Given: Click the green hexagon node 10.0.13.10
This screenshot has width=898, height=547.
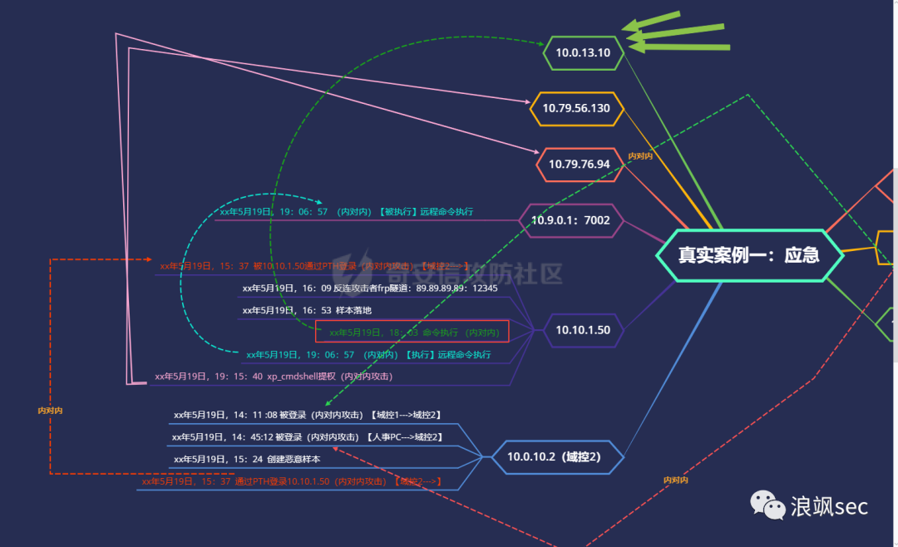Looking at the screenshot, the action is pyautogui.click(x=583, y=53).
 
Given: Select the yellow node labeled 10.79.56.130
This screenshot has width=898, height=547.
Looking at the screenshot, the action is pyautogui.click(x=576, y=108).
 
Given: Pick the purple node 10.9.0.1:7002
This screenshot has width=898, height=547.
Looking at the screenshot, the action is pyautogui.click(x=570, y=220).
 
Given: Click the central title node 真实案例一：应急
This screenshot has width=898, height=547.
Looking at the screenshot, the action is pyautogui.click(x=748, y=254).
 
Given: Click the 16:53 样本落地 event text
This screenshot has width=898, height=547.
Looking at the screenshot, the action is pyautogui.click(x=307, y=310).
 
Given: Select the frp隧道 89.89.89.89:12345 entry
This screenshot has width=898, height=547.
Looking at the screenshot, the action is pyautogui.click(x=369, y=288).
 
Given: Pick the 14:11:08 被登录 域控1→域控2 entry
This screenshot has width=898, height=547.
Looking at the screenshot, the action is pyautogui.click(x=307, y=414).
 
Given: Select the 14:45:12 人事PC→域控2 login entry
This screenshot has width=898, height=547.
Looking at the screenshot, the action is pyautogui.click(x=307, y=436).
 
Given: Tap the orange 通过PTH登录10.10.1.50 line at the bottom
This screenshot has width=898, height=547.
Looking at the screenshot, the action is pyautogui.click(x=290, y=481).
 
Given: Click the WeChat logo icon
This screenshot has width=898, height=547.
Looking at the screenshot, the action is pyautogui.click(x=767, y=504).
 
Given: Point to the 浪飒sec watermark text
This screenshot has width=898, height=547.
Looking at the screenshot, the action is pyautogui.click(x=829, y=505).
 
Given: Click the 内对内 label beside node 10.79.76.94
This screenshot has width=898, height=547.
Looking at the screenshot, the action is pyautogui.click(x=639, y=155).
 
